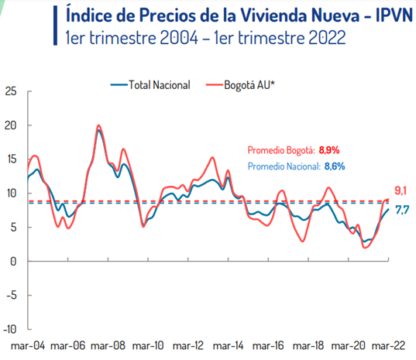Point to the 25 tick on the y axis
point(11,91)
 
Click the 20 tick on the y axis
point(11,125)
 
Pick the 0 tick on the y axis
point(14,261)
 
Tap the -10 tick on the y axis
point(9,329)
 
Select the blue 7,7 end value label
point(402,210)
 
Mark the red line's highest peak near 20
point(98,125)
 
